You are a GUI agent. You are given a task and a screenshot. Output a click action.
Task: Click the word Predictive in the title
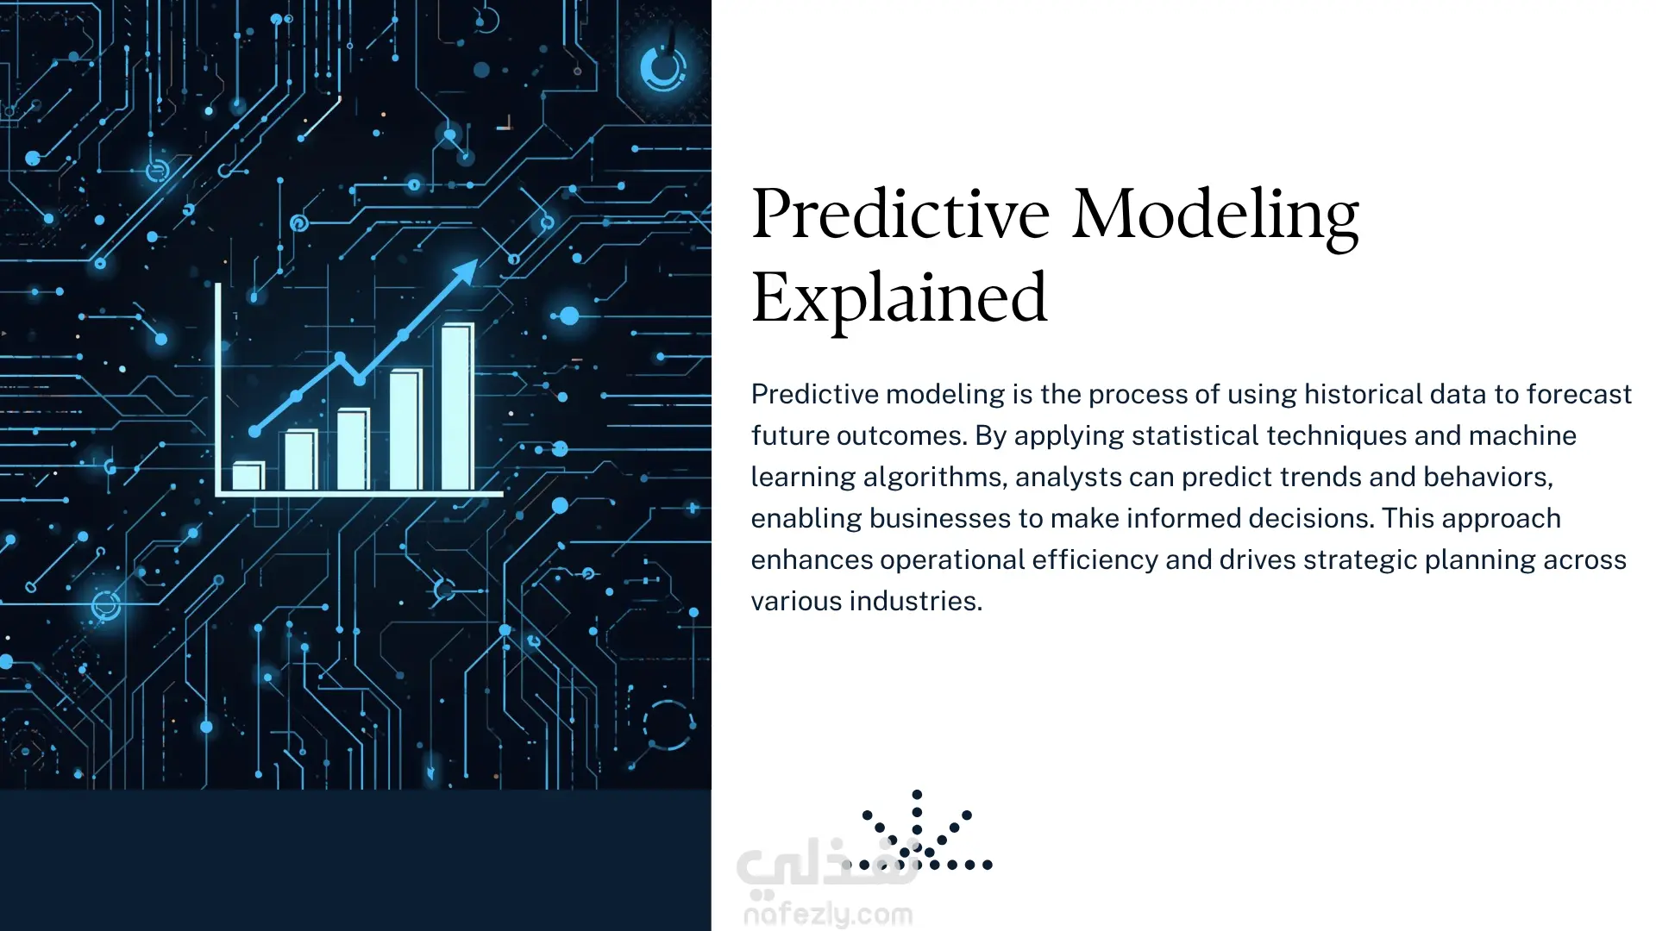pos(900,215)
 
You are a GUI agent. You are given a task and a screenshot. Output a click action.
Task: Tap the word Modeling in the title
pos(1215,215)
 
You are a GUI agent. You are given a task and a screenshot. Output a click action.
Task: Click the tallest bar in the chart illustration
pos(458,407)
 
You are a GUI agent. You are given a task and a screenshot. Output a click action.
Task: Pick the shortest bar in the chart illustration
pos(248,477)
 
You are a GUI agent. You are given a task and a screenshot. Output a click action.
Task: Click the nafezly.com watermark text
pos(828,915)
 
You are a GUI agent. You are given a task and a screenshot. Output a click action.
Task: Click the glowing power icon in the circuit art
pos(663,67)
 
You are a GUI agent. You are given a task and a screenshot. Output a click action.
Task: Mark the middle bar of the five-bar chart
pos(353,449)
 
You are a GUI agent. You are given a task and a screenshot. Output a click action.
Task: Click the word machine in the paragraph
pos(1522,435)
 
